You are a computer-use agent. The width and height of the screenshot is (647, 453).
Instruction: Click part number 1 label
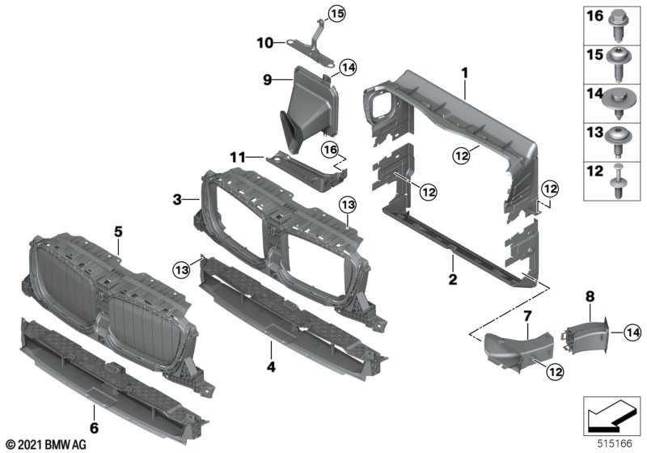pyautogui.click(x=465, y=73)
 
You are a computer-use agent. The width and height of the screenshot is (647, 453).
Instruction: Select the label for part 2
pyautogui.click(x=453, y=280)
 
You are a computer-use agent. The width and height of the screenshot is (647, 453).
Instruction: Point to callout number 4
pyautogui.click(x=272, y=366)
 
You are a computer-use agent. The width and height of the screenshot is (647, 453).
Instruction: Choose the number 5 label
pyautogui.click(x=118, y=231)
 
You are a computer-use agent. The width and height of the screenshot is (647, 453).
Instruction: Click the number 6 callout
pyautogui.click(x=94, y=427)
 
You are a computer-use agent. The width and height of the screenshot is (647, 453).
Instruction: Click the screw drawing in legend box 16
pyautogui.click(x=624, y=23)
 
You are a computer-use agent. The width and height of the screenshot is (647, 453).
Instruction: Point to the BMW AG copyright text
pyautogui.click(x=45, y=445)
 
